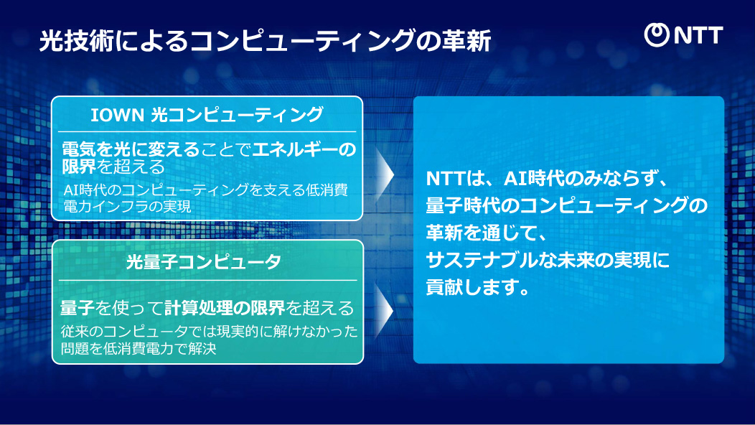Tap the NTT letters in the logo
point(697,35)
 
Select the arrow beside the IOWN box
point(385,172)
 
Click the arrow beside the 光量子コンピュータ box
point(385,309)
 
